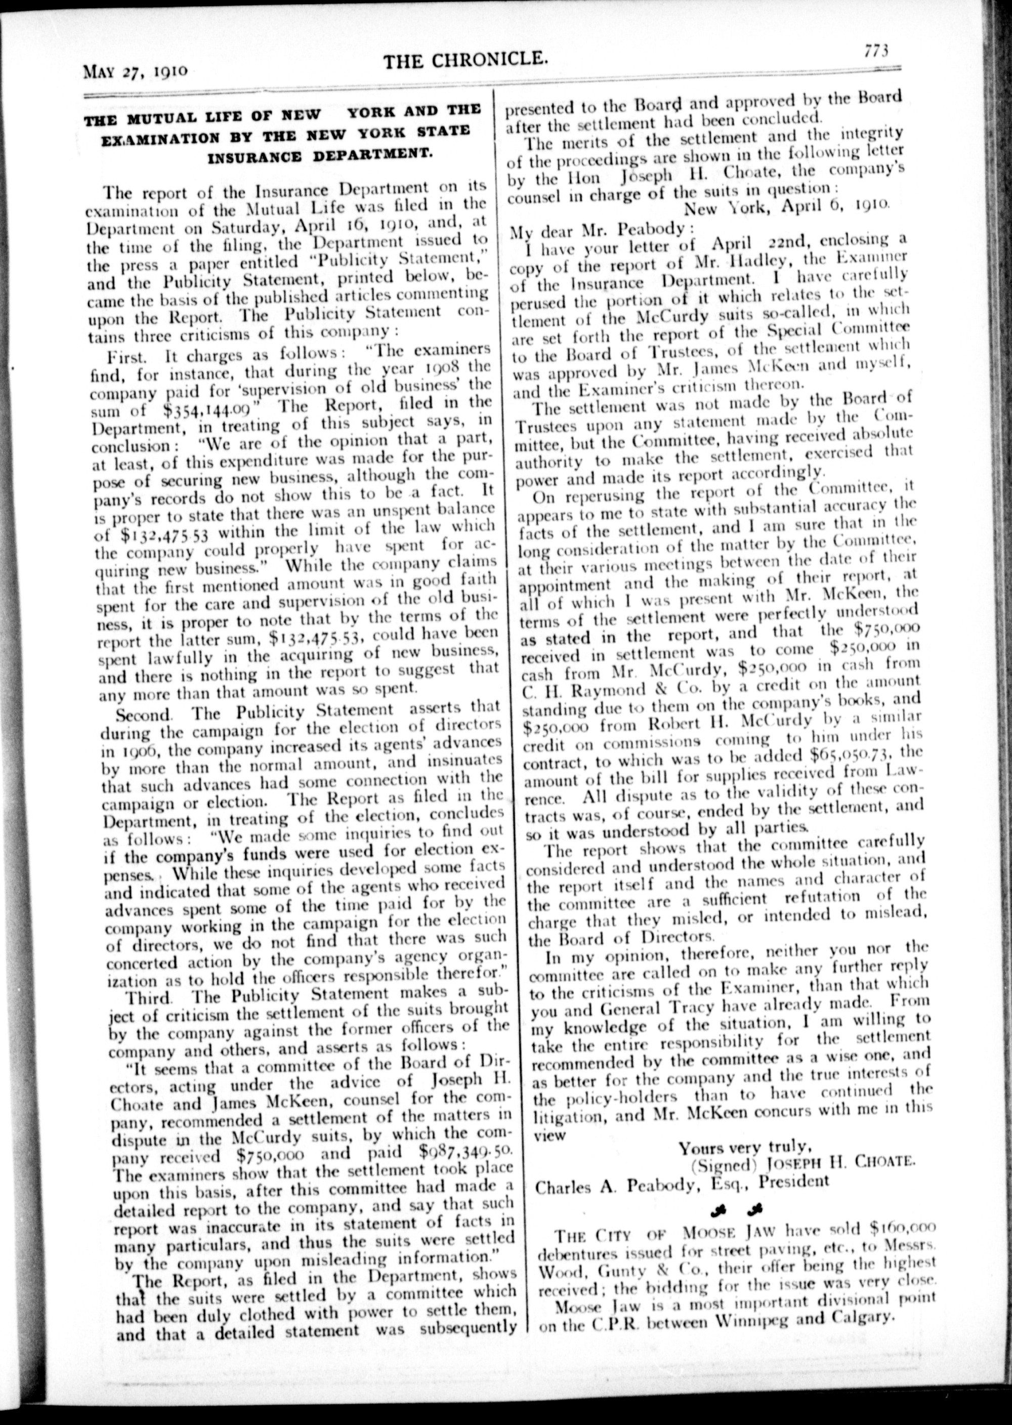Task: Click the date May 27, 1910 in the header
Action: click(135, 70)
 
